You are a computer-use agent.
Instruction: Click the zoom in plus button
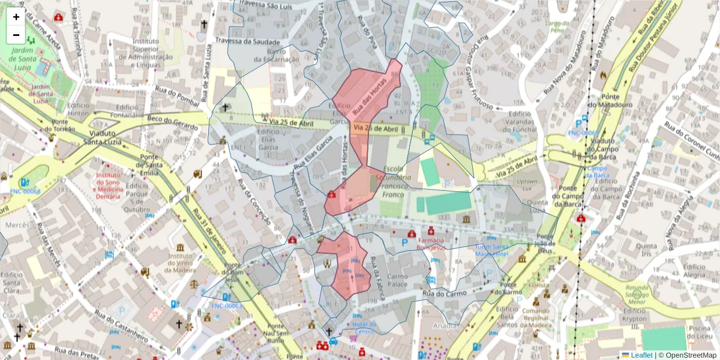pyautogui.click(x=16, y=17)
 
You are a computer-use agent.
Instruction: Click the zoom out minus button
pyautogui.click(x=16, y=35)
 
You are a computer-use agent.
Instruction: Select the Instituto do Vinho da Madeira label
pyautogui.click(x=180, y=264)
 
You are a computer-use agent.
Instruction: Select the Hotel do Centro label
pyautogui.click(x=364, y=328)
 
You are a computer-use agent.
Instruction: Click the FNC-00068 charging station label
pyautogui.click(x=25, y=191)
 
